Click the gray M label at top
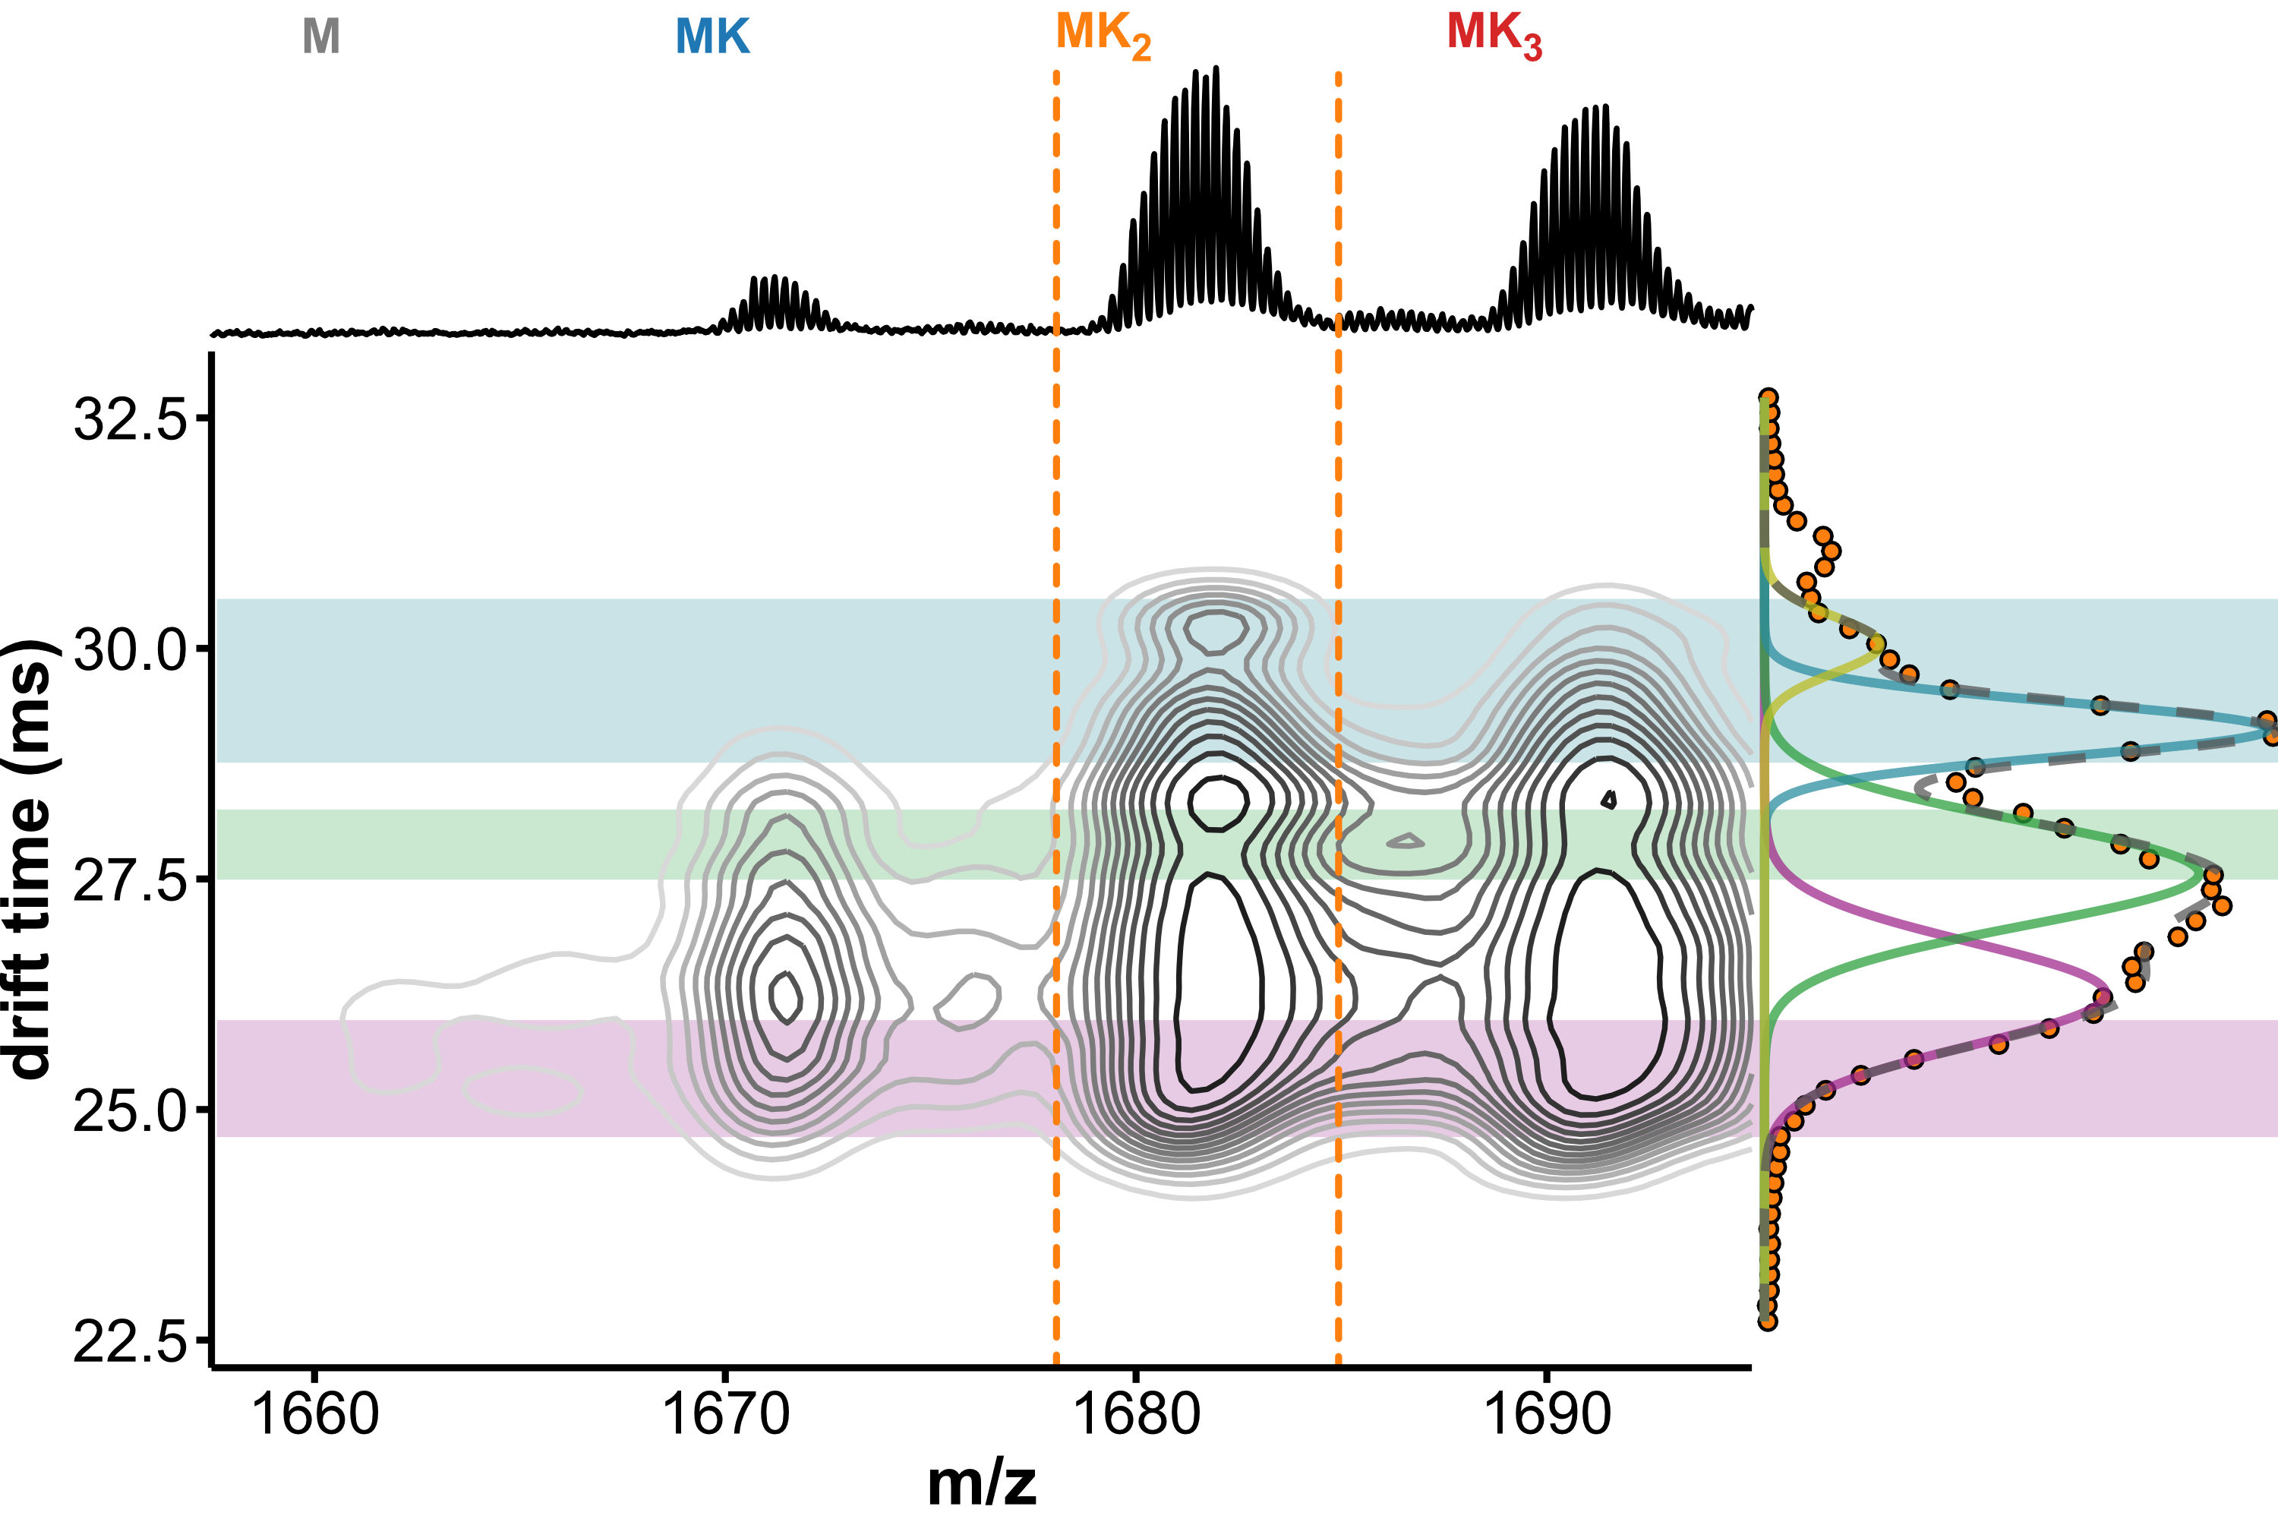320,36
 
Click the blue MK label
712,36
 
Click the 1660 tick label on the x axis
315,1414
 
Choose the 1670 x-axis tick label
725,1414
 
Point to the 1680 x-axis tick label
1136,1414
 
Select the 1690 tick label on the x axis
1547,1414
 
